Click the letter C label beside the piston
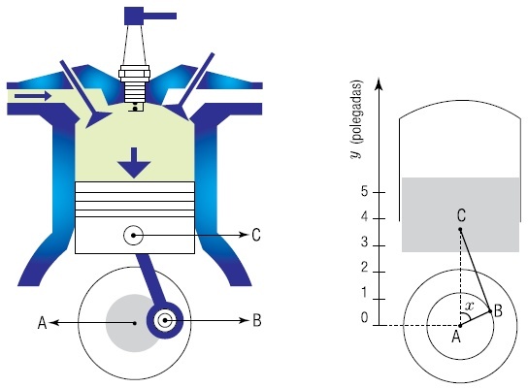click(x=256, y=235)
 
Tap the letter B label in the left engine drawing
click(x=256, y=320)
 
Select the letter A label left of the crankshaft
click(x=42, y=322)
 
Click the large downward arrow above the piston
click(x=134, y=163)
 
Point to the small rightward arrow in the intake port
click(x=33, y=96)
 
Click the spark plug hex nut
click(x=134, y=72)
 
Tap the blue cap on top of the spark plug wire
click(x=150, y=16)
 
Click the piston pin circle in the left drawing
click(x=133, y=235)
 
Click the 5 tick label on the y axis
click(x=364, y=192)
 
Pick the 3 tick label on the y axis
click(x=364, y=242)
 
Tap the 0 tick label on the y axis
click(x=364, y=317)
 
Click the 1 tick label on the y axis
click(x=364, y=292)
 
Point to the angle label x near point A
click(x=469, y=306)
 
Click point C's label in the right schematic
click(x=461, y=215)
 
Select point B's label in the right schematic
click(x=498, y=310)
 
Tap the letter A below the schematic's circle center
click(x=456, y=337)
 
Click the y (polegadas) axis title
click(x=356, y=118)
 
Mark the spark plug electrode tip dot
click(x=135, y=109)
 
